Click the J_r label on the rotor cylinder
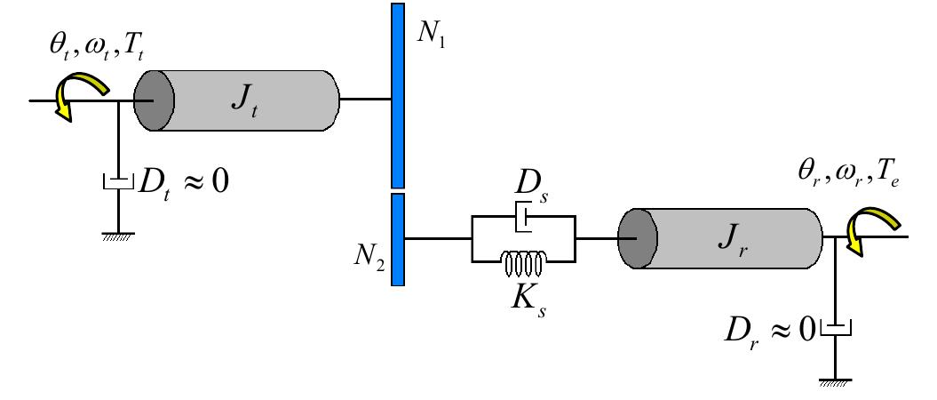pyautogui.click(x=731, y=237)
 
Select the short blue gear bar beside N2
pyautogui.click(x=398, y=239)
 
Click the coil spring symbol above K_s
pyautogui.click(x=524, y=261)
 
